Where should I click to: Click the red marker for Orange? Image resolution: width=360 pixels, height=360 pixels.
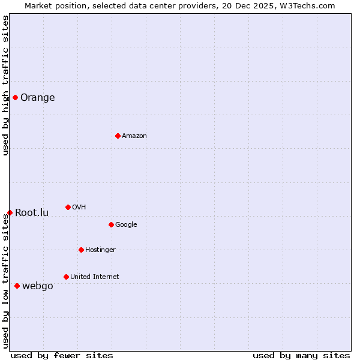click(x=15, y=98)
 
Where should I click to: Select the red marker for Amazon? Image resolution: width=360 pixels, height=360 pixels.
click(x=118, y=136)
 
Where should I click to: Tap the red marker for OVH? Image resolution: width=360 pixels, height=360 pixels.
click(x=68, y=207)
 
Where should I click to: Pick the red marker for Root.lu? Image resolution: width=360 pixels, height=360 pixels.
click(x=10, y=212)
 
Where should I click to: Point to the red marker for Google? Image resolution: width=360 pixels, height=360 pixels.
click(x=111, y=224)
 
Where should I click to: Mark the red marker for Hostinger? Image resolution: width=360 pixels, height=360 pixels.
click(x=81, y=250)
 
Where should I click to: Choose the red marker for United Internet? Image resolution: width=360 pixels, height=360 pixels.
click(x=66, y=277)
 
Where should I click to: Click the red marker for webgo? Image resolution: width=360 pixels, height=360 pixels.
click(x=17, y=286)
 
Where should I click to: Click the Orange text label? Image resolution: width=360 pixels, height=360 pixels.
click(x=37, y=98)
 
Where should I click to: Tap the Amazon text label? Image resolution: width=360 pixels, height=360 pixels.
click(x=134, y=136)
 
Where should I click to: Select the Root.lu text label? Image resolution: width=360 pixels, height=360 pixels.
click(x=32, y=212)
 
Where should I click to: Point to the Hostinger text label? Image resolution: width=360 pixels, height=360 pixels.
click(x=100, y=250)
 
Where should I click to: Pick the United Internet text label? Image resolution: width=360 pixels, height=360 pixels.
click(x=94, y=277)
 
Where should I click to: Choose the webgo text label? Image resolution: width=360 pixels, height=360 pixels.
click(x=37, y=286)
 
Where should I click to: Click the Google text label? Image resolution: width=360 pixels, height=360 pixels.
click(x=126, y=224)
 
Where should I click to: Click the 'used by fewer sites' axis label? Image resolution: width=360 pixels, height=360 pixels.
click(x=62, y=355)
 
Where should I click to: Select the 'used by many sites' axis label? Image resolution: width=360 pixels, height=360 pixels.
click(x=301, y=355)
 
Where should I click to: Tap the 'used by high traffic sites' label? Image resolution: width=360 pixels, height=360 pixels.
click(x=6, y=85)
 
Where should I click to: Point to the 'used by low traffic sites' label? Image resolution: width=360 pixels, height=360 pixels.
click(x=6, y=281)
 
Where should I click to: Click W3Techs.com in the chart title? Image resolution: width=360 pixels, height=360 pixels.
click(x=305, y=5)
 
